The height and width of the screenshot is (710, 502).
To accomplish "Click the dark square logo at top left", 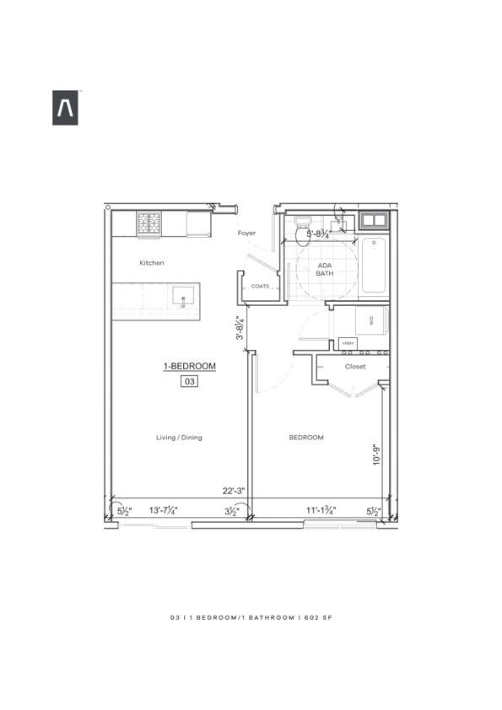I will click(65, 108).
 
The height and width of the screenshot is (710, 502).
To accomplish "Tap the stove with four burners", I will click(149, 223).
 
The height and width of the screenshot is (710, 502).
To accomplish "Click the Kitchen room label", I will click(152, 263).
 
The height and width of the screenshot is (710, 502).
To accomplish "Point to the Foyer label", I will click(246, 233).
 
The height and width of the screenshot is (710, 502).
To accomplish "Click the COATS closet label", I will click(260, 287).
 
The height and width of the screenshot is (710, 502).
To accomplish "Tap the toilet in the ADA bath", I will click(303, 234).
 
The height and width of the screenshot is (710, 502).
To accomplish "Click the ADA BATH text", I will click(325, 269).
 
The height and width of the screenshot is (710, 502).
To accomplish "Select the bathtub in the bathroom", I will click(373, 265).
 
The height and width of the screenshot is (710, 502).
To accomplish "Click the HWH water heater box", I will click(348, 344).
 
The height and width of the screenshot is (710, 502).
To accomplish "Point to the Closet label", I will click(355, 367).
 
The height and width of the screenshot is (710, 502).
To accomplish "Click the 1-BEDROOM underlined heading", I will click(190, 366).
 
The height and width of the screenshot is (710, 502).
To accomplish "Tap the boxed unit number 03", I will click(190, 381).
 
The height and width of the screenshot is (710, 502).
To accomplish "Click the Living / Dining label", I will click(179, 438).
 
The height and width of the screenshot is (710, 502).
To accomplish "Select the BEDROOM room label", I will click(306, 438).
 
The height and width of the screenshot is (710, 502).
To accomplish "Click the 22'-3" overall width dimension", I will click(234, 491).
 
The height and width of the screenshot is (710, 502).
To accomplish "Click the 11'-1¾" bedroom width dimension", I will click(320, 510).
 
